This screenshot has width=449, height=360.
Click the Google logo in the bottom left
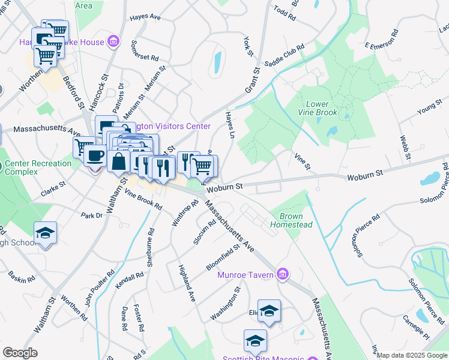20,353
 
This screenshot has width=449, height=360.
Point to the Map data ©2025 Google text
412,355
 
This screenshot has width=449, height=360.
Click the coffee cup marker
94,157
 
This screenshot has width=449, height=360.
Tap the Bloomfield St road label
223,255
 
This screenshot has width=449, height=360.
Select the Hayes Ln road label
229,124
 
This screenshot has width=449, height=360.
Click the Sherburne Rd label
151,247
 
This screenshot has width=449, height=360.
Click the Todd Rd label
285,13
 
